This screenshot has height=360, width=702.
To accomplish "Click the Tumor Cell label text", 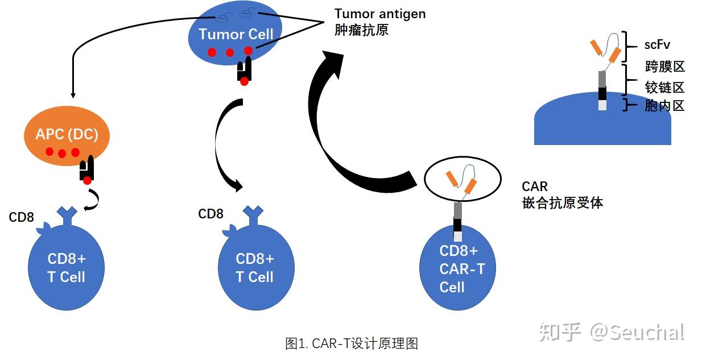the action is pos(236,34).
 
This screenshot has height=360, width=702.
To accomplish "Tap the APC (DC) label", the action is pos(67,134).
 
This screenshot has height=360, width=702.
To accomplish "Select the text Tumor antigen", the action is pos(380,14).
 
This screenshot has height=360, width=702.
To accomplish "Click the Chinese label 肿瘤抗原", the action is pos(361,30).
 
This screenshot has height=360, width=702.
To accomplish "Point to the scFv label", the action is pos(657,45).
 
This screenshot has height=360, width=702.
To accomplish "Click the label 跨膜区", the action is pos(664,67).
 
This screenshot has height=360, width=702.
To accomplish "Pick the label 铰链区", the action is pos(664,88).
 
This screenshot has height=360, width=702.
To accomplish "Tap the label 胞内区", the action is pos(664,106).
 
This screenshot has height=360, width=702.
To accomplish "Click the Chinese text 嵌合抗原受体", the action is pos(563,202).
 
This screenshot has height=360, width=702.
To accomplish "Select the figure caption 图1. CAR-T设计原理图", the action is pos(352,344).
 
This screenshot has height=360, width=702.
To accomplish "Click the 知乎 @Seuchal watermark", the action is pos(612,332).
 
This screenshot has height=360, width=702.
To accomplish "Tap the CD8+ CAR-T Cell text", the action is pos(461,269).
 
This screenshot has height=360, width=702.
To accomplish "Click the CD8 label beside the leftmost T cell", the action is pos(21,217).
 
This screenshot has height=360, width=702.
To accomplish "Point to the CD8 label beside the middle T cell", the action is pos(210,214).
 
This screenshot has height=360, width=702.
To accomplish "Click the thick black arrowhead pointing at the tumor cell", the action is pos(333,64).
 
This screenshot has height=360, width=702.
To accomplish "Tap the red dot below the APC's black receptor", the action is pos(88,180).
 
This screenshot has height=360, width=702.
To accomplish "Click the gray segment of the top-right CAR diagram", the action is pos(602,79).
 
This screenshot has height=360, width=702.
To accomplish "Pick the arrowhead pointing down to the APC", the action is pos(73,94).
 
